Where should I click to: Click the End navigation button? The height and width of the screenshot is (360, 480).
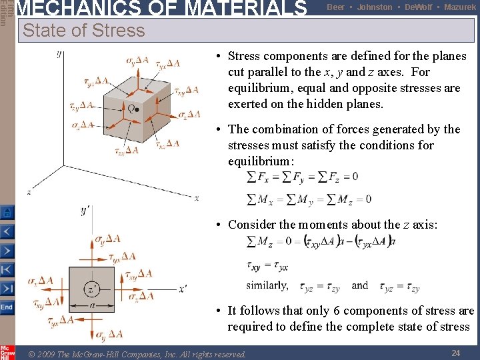(x=7, y=307)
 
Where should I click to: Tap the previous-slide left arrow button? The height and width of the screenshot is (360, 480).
(x=7, y=231)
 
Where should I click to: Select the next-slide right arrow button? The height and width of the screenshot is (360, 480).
(x=7, y=251)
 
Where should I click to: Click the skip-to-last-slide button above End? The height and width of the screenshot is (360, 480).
(x=7, y=289)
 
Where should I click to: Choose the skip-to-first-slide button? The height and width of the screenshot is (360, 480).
(x=7, y=270)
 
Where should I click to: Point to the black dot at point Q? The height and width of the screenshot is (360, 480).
(x=137, y=109)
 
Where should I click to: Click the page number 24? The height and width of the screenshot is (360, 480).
(x=456, y=353)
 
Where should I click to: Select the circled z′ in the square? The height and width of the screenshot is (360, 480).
(x=91, y=289)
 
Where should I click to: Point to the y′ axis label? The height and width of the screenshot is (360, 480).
(x=86, y=211)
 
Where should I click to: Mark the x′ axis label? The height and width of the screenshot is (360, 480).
(x=183, y=289)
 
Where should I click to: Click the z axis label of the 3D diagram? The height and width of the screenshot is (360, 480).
(x=29, y=192)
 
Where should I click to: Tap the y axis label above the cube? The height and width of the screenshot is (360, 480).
(x=59, y=53)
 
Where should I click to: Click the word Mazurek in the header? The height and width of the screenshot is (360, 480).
(x=459, y=7)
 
